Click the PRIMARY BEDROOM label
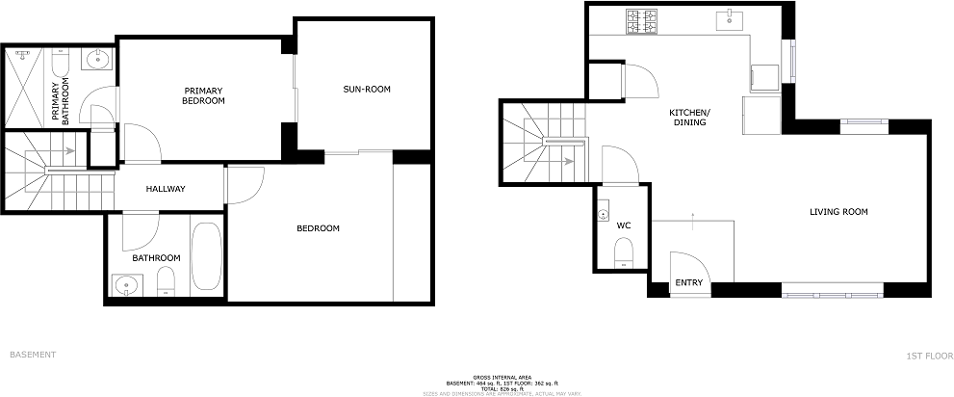(204, 95)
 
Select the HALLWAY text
(166, 189)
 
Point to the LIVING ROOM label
(838, 212)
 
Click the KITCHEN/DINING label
(689, 118)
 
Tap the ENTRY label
(689, 283)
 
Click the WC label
(624, 225)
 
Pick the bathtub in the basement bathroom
(207, 255)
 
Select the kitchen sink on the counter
(733, 16)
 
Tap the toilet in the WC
(623, 252)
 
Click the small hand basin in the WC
(603, 214)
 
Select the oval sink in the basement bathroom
(125, 284)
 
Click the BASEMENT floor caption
(33, 355)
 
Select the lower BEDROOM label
(318, 228)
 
